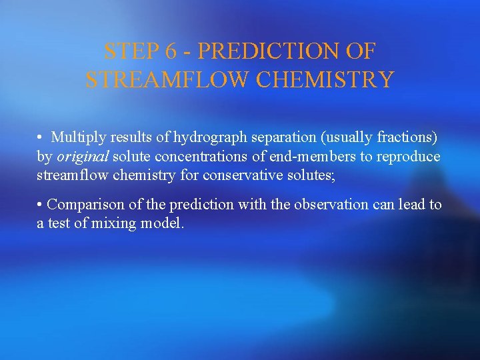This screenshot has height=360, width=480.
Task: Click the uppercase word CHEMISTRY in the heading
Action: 324,79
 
